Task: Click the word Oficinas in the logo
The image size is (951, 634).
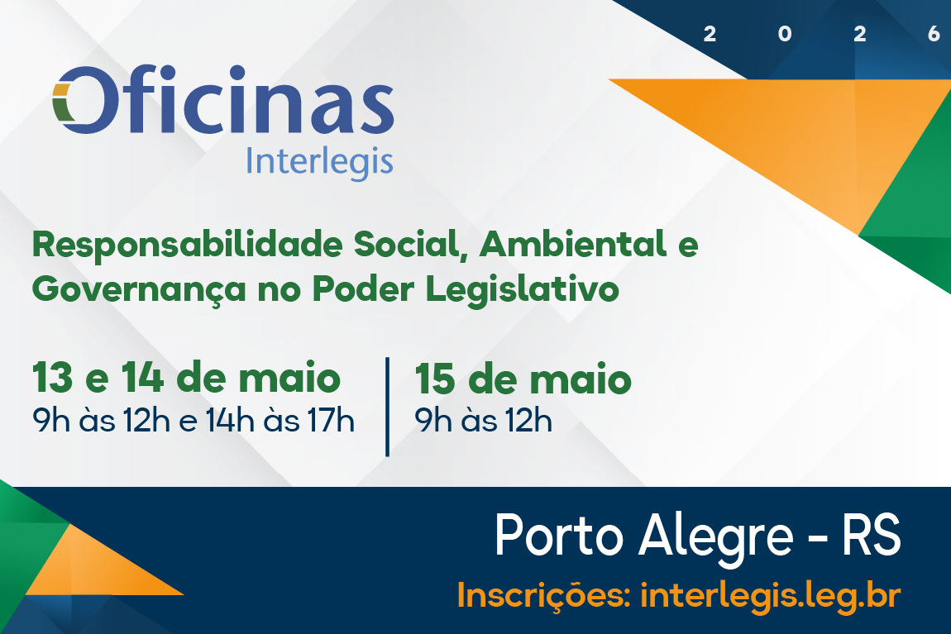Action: click(223, 99)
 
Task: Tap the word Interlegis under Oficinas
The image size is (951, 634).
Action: click(320, 162)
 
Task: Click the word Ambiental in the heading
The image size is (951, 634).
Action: click(573, 245)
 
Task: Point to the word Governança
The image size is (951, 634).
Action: click(139, 289)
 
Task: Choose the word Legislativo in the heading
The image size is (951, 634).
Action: click(522, 289)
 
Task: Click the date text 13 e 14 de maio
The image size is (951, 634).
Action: click(186, 378)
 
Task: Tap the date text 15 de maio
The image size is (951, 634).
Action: click(523, 379)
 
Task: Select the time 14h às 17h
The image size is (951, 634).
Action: click(280, 421)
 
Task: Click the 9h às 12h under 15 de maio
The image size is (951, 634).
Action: click(484, 421)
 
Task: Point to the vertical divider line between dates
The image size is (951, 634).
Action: click(387, 407)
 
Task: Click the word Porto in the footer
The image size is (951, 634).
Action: click(558, 535)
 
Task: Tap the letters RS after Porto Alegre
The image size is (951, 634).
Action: click(870, 535)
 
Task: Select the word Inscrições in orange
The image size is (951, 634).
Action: click(543, 595)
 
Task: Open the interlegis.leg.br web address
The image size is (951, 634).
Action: click(770, 595)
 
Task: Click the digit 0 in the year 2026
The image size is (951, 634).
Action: click(785, 34)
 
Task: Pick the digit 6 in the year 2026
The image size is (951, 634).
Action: click(934, 34)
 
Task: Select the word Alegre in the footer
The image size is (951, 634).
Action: click(715, 536)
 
